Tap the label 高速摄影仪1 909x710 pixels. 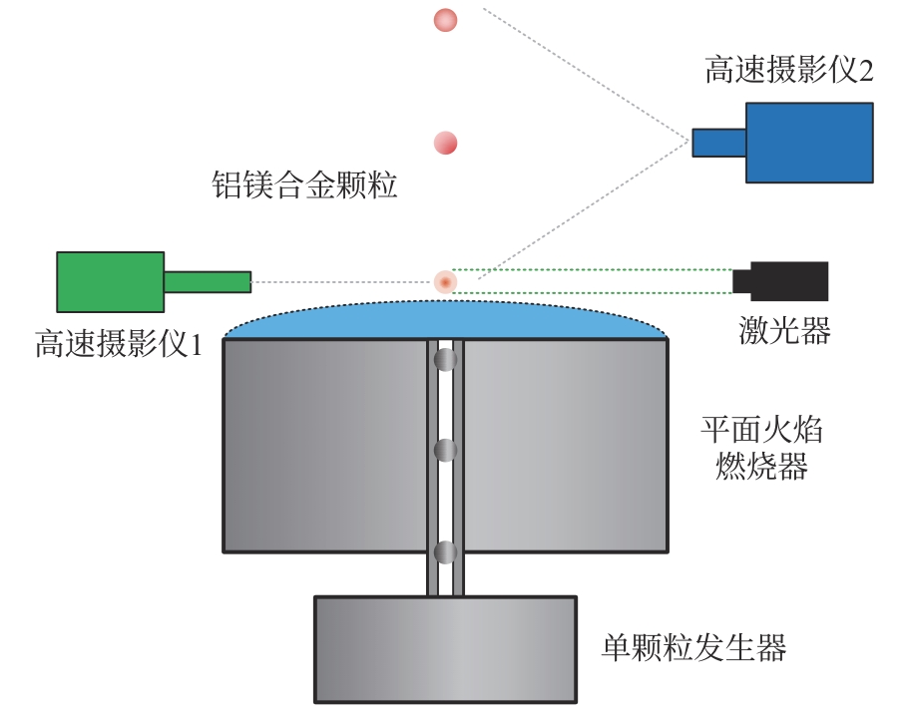118,345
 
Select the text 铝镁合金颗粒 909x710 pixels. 304,184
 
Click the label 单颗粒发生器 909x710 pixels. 693,648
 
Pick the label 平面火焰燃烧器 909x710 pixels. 763,450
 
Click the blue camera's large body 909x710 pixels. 809,142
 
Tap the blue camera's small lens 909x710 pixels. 719,143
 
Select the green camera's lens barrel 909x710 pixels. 207,282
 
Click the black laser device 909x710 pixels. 784,281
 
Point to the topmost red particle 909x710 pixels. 444,19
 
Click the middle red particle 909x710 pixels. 445,144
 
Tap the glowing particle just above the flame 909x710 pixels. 445,282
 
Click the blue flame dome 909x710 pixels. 445,321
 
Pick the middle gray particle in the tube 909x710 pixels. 446,451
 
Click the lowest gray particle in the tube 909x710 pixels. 446,551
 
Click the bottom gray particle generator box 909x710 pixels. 445,649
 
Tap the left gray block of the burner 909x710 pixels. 325,445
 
